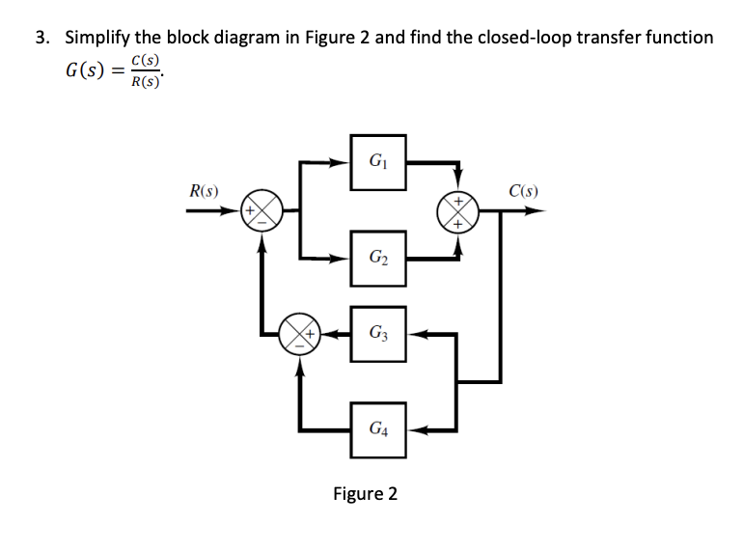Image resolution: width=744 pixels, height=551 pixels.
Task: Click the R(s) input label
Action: [x=203, y=190]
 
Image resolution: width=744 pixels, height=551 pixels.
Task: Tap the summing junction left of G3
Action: [x=299, y=334]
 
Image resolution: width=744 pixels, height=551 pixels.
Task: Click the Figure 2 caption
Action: [x=365, y=494]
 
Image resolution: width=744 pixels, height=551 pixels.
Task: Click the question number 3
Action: [x=41, y=39]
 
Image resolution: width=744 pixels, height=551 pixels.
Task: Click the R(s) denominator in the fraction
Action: [x=147, y=83]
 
